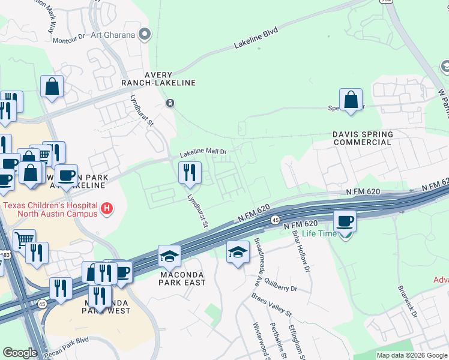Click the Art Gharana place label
(112, 34)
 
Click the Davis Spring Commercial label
(363, 138)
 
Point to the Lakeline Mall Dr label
(203, 152)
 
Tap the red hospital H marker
(107, 208)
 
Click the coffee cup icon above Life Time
(345, 221)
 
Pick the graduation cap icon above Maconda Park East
(169, 257)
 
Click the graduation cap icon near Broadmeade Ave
(238, 252)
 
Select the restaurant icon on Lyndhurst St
(189, 173)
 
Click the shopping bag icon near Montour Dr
(52, 86)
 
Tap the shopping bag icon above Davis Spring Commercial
(351, 99)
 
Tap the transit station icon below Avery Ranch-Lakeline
(170, 103)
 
